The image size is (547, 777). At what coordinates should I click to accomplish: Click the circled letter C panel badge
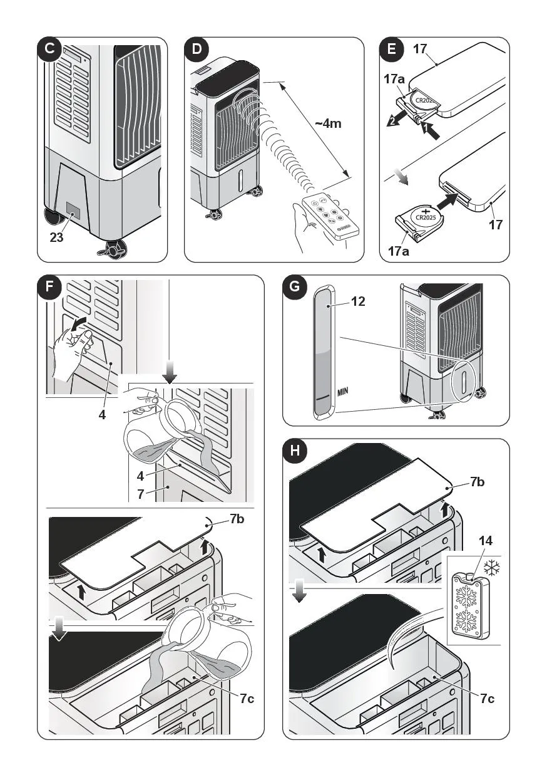pos(48,49)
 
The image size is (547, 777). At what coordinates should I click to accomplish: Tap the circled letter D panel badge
pos(196,49)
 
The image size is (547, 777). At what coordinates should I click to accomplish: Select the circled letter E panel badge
pos(392,49)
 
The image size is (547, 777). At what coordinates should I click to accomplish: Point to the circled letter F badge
pos(49,288)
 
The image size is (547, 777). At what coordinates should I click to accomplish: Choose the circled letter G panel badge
pos(294,288)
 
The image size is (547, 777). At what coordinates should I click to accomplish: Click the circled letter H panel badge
pos(295,451)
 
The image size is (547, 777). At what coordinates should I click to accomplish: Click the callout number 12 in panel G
pos(358,301)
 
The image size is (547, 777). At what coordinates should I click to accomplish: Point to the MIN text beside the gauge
pos(343,392)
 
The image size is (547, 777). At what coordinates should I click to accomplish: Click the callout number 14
pos(485,540)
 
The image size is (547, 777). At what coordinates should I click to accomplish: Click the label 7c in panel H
pos(488,699)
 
